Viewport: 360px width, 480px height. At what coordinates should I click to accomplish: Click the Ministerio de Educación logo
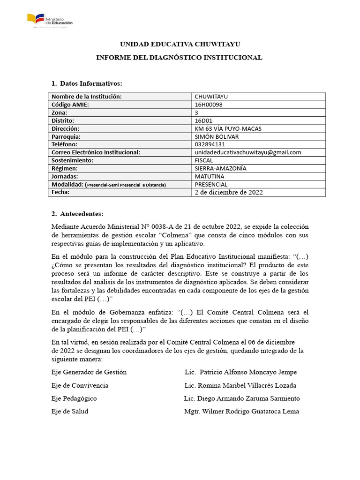pyautogui.click(x=49, y=20)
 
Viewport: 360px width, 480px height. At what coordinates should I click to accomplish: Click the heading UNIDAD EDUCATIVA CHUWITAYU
pyautogui.click(x=180, y=44)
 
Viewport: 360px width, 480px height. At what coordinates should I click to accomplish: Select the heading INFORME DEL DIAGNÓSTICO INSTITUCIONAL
pyautogui.click(x=179, y=57)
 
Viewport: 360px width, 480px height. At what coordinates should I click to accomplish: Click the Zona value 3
pyautogui.click(x=196, y=112)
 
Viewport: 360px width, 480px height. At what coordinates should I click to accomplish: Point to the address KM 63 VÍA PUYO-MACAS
pyautogui.click(x=228, y=128)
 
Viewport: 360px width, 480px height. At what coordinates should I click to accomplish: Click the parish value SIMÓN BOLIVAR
pyautogui.click(x=217, y=136)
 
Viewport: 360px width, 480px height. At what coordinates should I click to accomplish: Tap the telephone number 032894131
pyautogui.click(x=213, y=144)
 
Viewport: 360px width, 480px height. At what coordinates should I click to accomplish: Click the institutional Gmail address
pyautogui.click(x=247, y=152)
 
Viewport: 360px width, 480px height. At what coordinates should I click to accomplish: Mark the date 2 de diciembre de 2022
pyautogui.click(x=229, y=192)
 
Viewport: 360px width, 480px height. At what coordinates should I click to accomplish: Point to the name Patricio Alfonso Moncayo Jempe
pyautogui.click(x=248, y=372)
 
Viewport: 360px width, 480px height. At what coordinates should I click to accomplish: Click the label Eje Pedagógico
pyautogui.click(x=74, y=398)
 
